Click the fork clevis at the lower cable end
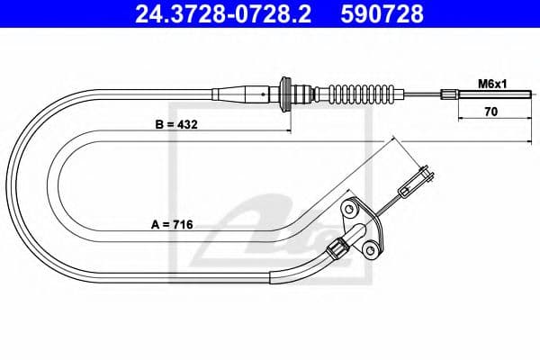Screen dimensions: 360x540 click(x=418, y=177)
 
